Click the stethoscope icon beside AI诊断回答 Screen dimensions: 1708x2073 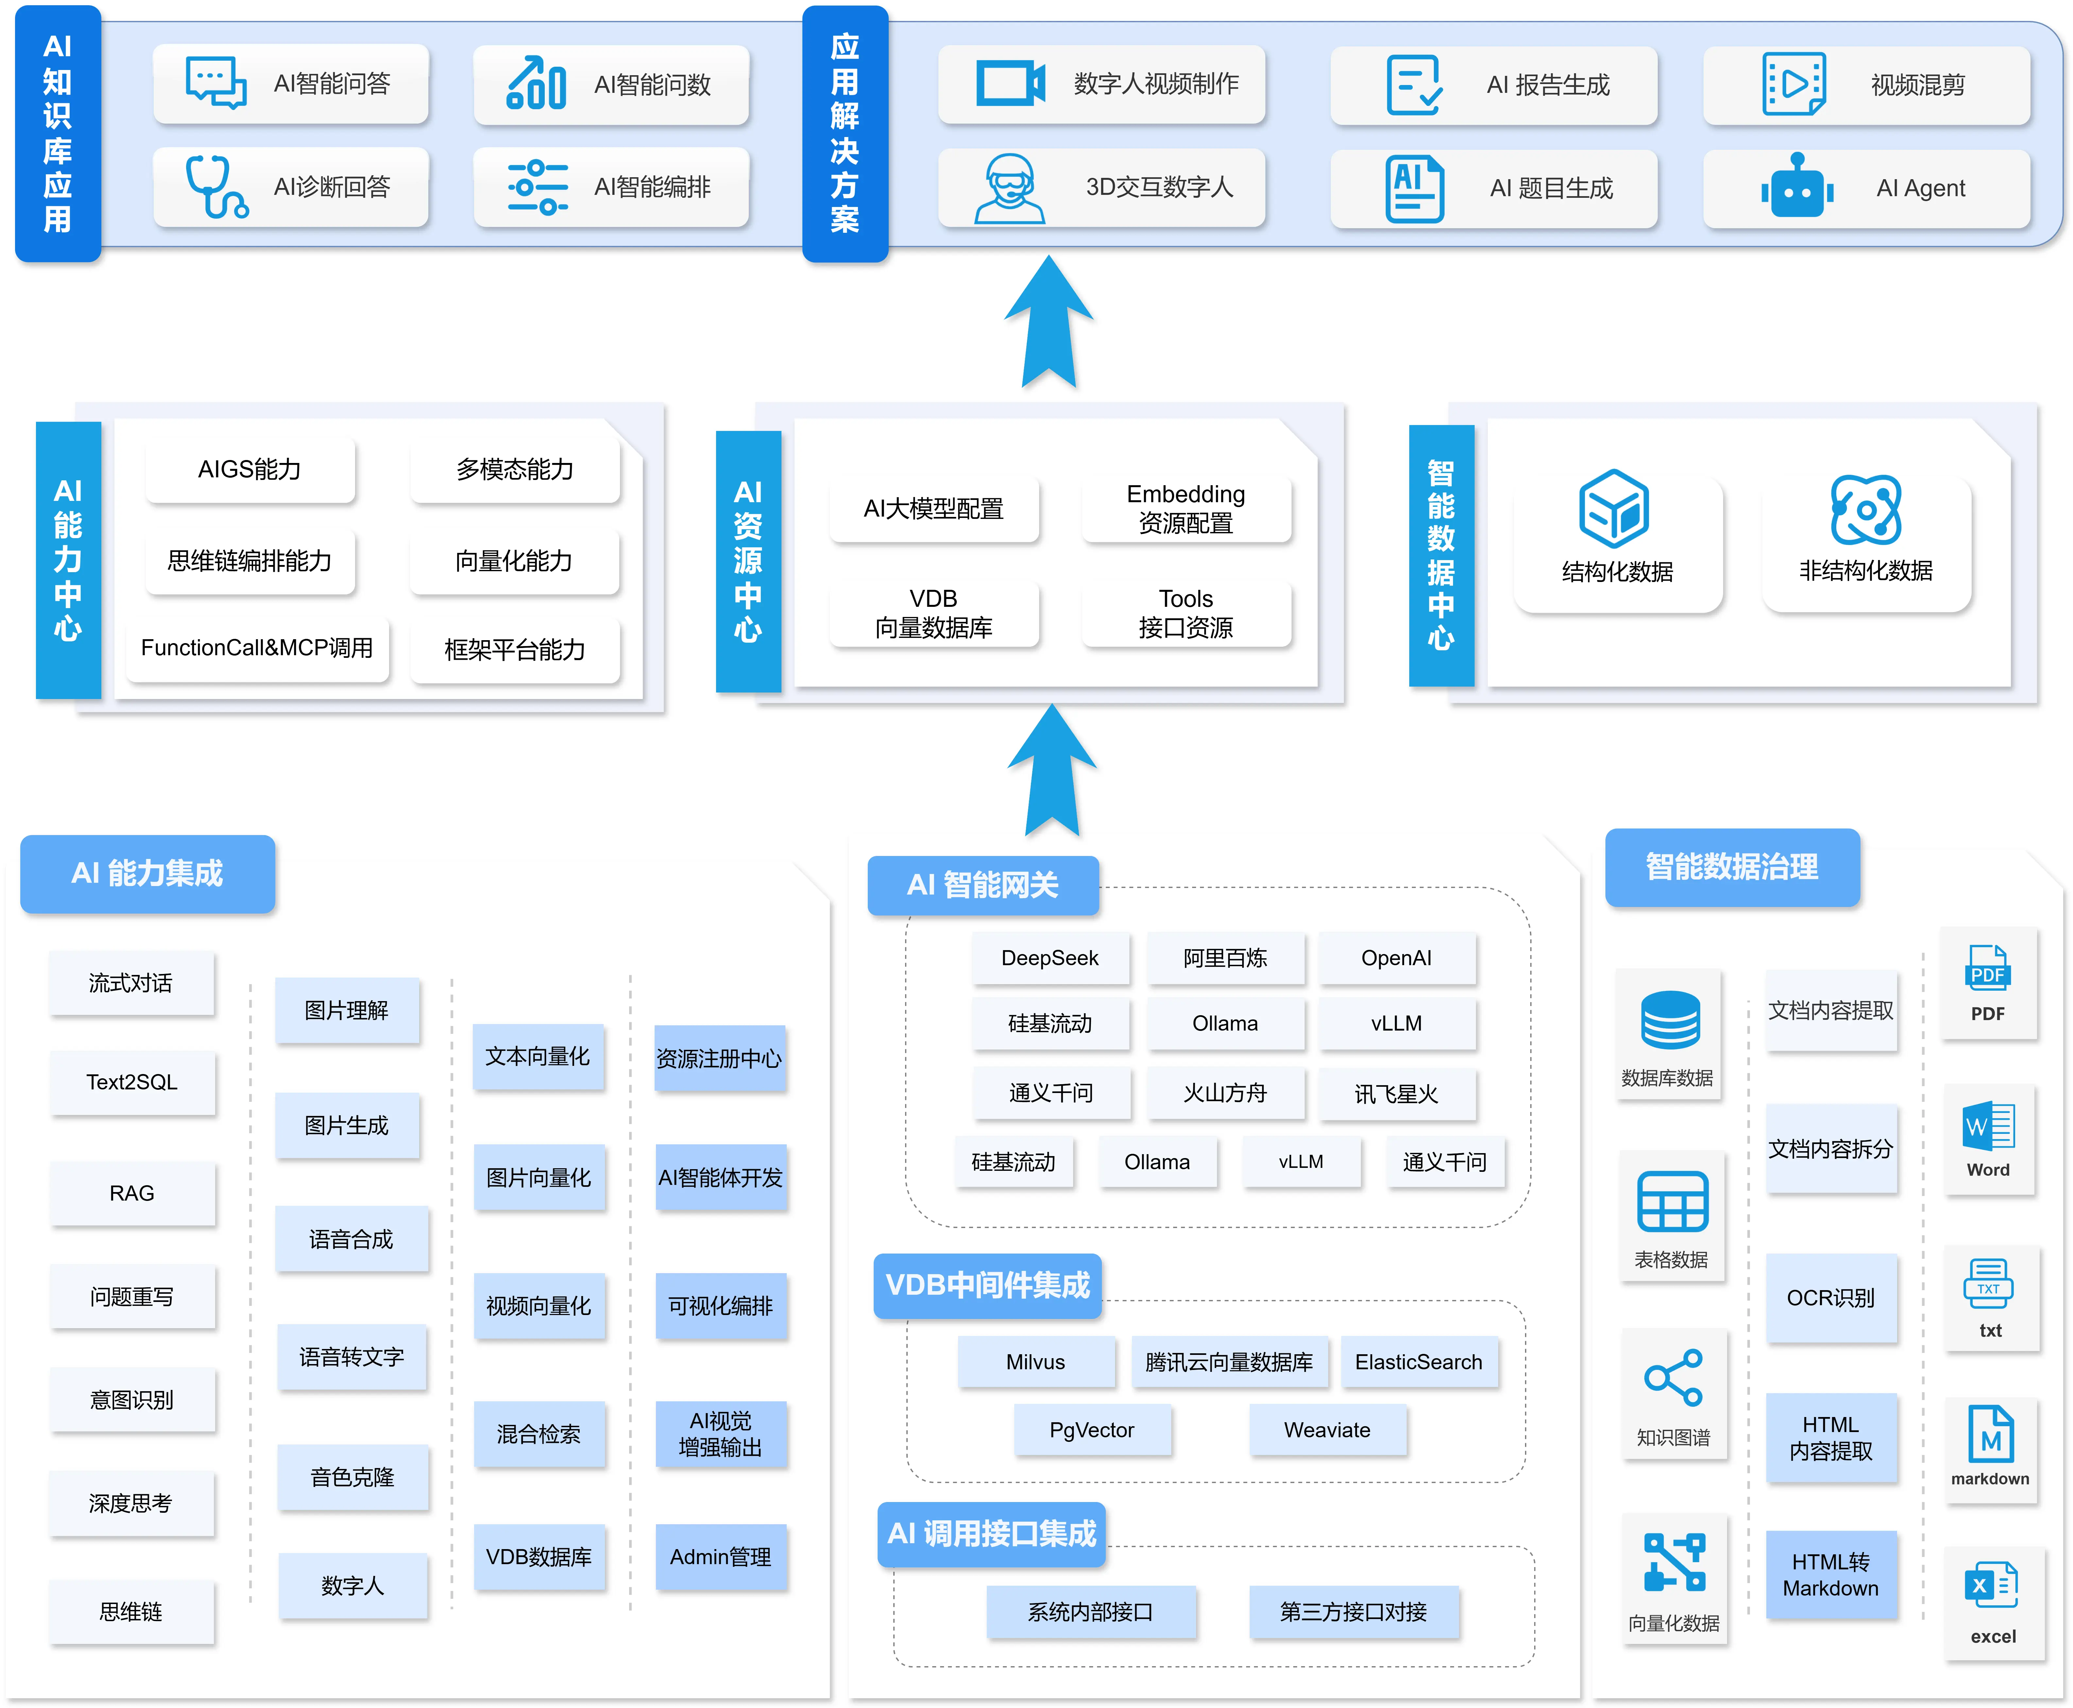[215, 186]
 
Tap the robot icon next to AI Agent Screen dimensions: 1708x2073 [1796, 187]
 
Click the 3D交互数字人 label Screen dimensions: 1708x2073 [1158, 187]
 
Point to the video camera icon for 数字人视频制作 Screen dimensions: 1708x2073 [1009, 84]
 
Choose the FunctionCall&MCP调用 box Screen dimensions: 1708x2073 [257, 647]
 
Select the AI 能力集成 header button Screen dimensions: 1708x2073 [147, 873]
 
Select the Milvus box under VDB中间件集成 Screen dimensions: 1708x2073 [1035, 1362]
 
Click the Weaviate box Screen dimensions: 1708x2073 [1326, 1429]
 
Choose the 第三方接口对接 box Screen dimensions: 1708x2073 [1353, 1612]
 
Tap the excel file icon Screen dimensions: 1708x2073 [1991, 1585]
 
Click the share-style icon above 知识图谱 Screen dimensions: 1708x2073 [1672, 1377]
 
